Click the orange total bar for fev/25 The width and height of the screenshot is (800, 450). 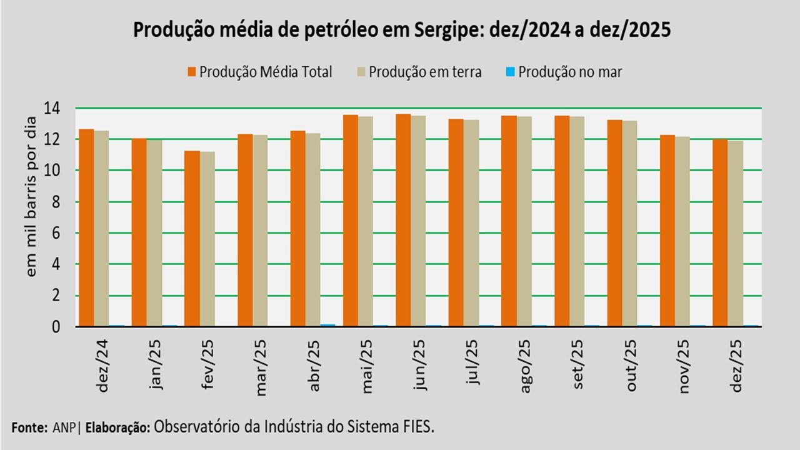tap(192, 239)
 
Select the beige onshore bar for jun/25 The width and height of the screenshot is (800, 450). tap(418, 221)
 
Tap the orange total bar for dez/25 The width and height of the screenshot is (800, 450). tap(720, 232)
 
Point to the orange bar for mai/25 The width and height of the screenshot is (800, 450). tap(350, 221)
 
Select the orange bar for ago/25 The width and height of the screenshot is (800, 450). tap(508, 221)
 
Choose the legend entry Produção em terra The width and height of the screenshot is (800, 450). tap(424, 72)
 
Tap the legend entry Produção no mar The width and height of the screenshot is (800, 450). tap(569, 72)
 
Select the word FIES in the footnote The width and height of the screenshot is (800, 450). tap(416, 427)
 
